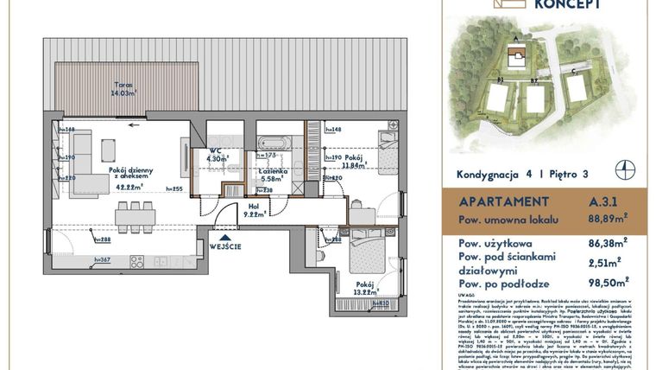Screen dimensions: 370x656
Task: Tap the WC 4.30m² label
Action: pos(216,155)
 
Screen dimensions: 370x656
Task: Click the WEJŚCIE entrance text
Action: pos(224,246)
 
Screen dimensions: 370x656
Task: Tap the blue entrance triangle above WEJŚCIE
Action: pos(225,236)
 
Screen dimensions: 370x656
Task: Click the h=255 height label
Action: pos(179,188)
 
